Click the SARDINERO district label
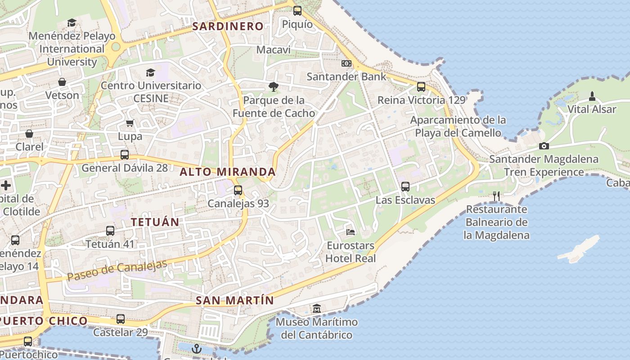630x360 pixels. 228,26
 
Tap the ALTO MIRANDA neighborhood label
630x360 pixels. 228,171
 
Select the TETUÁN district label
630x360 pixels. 155,221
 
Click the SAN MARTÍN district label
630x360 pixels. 234,300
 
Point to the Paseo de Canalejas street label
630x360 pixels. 117,270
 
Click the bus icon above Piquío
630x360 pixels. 297,11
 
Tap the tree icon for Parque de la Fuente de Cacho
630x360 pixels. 273,86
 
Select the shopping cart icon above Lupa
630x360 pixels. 130,123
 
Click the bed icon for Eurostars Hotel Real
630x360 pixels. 351,232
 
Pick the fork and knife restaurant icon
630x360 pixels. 496,196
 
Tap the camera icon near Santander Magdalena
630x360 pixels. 544,146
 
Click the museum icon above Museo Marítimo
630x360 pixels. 317,309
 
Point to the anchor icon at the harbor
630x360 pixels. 197,348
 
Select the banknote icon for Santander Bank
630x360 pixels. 346,63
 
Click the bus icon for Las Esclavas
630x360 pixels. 405,186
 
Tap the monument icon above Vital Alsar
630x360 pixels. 592,96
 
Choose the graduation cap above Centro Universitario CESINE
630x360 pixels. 150,72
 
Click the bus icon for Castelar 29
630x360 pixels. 120,319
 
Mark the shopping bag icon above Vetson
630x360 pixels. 62,82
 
